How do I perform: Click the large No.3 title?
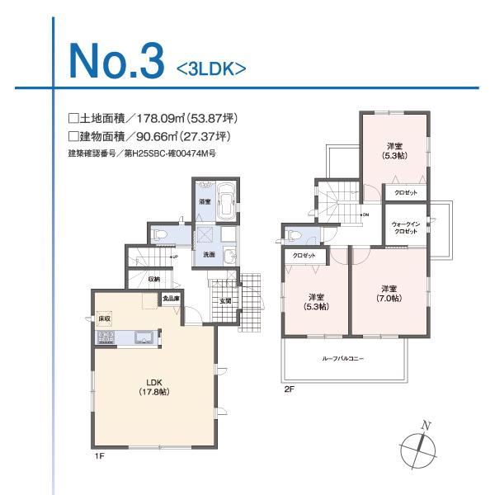114,57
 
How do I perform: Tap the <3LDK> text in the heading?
211,68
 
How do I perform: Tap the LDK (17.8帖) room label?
153,387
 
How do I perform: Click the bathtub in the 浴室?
226,200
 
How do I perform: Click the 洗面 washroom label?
210,255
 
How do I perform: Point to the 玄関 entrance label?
224,301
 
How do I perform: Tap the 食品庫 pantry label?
171,299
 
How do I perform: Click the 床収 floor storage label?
105,318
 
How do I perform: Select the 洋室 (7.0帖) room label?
389,293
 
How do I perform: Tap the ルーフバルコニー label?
343,360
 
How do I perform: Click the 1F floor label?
99,455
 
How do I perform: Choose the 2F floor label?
288,388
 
